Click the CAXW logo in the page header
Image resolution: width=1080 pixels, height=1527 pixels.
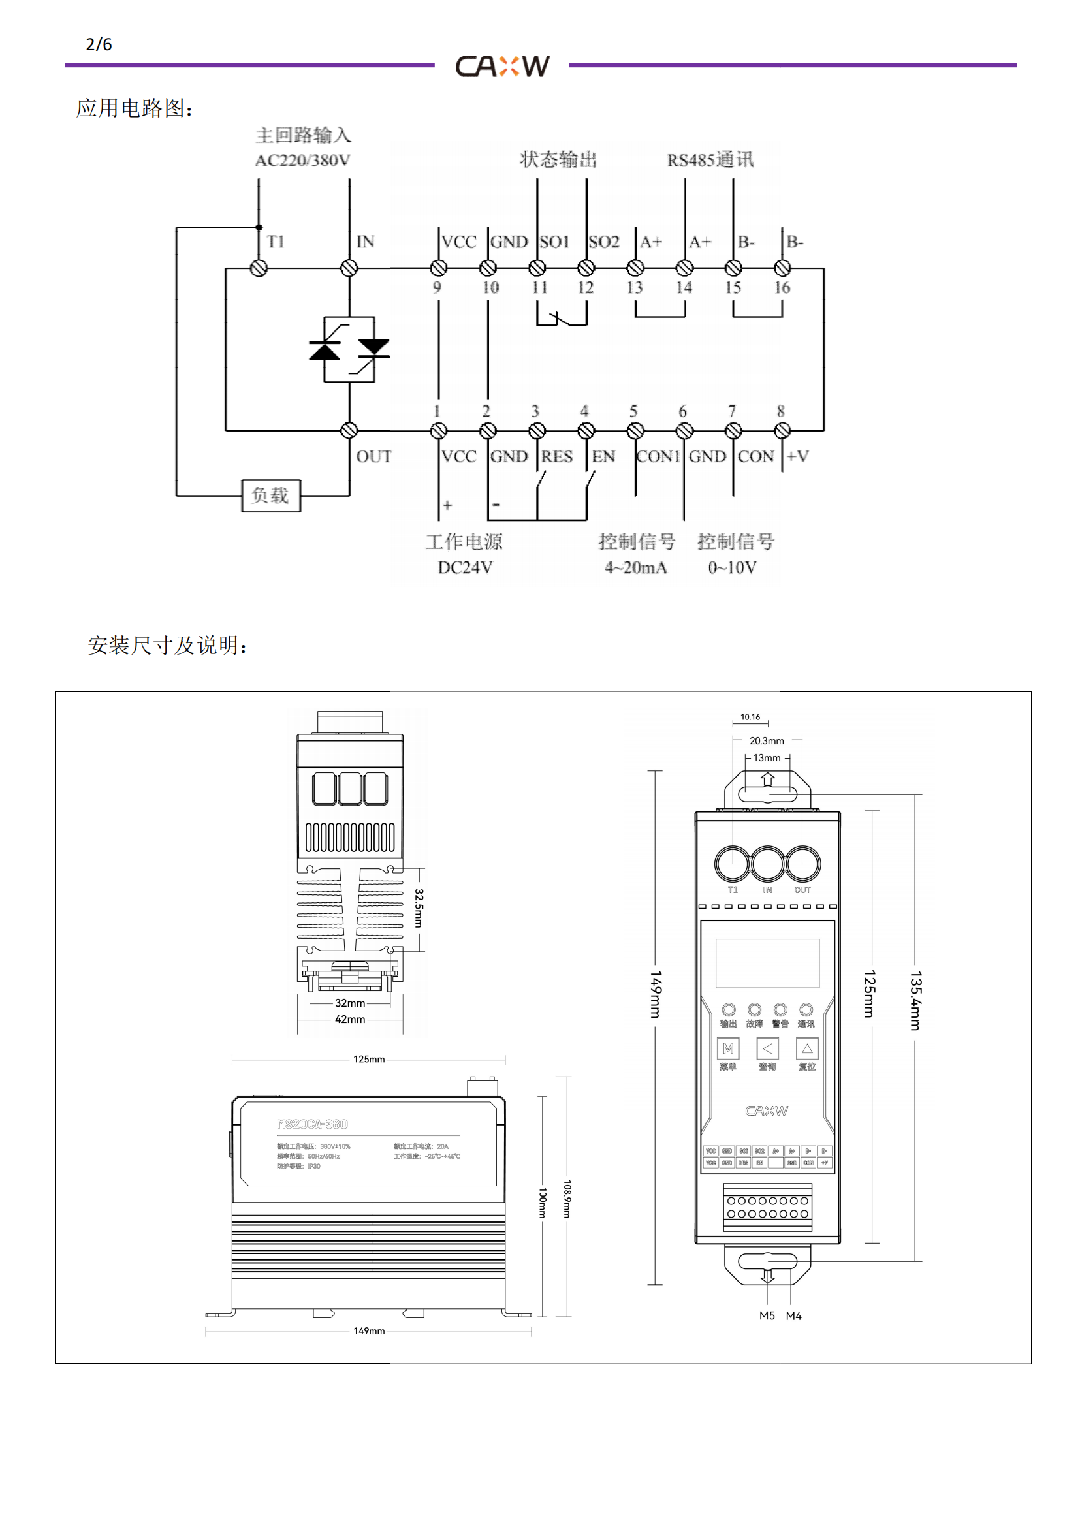click(503, 66)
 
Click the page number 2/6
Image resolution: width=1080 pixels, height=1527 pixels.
click(99, 44)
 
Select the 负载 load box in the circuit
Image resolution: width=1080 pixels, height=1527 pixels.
click(271, 496)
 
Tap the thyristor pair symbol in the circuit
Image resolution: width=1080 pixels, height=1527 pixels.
click(349, 349)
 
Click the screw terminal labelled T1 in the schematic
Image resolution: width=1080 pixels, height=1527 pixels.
click(259, 268)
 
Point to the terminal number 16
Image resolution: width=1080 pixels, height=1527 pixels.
click(782, 287)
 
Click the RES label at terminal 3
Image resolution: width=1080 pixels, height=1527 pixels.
click(556, 456)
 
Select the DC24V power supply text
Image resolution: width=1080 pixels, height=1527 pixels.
click(465, 567)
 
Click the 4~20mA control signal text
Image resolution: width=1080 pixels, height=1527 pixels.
click(636, 567)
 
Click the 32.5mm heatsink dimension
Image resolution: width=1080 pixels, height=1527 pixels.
click(419, 908)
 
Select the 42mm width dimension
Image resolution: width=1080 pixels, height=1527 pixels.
click(350, 1020)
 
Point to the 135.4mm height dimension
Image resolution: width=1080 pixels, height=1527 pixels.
click(915, 1001)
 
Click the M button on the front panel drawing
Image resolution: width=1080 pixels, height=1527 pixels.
click(728, 1049)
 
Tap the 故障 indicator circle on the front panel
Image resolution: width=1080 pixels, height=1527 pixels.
click(754, 1009)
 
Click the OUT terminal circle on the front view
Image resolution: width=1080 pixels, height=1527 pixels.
click(803, 863)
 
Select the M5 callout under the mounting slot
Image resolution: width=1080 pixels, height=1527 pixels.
click(767, 1315)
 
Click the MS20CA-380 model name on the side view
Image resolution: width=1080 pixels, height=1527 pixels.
click(312, 1124)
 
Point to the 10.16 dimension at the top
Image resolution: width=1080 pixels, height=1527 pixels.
click(750, 717)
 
